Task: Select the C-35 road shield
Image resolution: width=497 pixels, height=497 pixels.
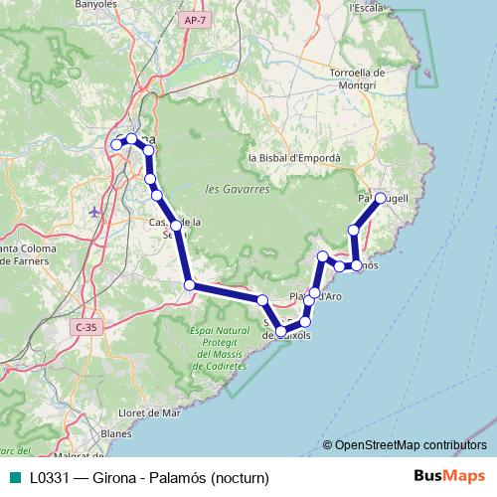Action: [85, 326]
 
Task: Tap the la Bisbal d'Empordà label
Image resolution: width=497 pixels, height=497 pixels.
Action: [294, 158]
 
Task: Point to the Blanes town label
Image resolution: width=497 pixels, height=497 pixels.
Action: [115, 433]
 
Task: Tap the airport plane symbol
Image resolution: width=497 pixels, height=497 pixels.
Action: [93, 211]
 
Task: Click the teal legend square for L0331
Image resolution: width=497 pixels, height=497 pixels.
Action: [14, 477]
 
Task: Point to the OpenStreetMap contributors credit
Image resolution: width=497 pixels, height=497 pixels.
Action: [410, 444]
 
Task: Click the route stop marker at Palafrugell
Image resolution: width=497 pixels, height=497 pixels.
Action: [381, 198]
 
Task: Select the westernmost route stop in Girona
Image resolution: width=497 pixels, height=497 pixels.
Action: [116, 145]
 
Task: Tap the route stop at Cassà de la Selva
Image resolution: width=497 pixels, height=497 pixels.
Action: [176, 226]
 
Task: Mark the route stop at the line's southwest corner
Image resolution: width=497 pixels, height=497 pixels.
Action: [189, 285]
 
